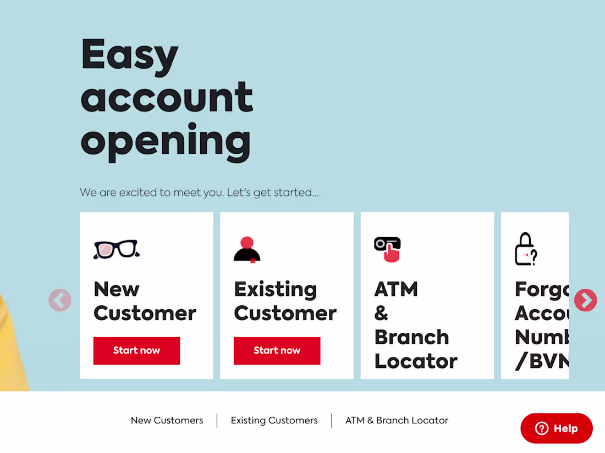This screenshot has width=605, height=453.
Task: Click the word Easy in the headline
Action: [x=130, y=55]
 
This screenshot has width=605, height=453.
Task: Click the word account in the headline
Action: [x=167, y=97]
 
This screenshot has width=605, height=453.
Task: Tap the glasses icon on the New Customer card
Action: [x=117, y=249]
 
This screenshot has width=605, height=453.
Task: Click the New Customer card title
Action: [x=145, y=301]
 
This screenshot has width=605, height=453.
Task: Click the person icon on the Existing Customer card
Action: [x=247, y=250]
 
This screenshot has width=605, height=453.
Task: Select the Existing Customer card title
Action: [x=285, y=301]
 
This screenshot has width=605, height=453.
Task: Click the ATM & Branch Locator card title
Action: [x=415, y=325]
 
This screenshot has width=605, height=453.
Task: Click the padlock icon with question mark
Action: [x=525, y=250]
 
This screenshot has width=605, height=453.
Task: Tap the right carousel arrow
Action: [x=585, y=300]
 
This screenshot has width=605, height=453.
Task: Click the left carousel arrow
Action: [x=60, y=300]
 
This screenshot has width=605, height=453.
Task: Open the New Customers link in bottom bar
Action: [x=167, y=421]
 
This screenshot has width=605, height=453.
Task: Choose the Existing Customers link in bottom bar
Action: [x=274, y=421]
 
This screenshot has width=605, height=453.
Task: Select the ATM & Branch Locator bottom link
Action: [x=397, y=421]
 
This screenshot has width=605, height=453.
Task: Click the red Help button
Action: [x=557, y=428]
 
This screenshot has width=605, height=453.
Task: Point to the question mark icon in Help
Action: [x=542, y=428]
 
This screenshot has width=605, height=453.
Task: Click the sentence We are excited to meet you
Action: [x=199, y=193]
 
